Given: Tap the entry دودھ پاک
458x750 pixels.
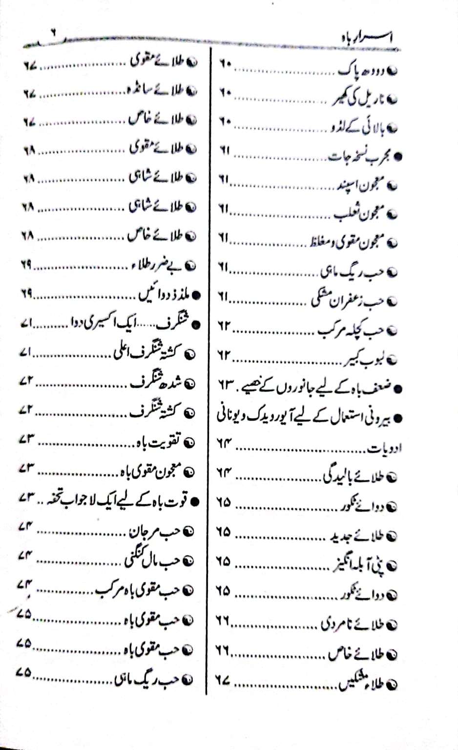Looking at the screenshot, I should tap(361, 70).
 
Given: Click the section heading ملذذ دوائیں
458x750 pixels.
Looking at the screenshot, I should tap(164, 294).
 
